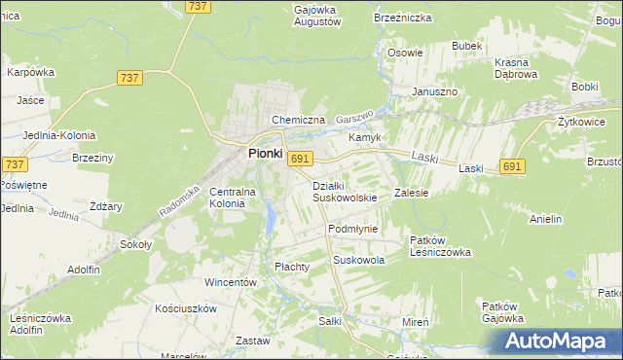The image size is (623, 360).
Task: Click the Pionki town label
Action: point(265,153)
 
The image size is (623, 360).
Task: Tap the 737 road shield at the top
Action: point(199,7)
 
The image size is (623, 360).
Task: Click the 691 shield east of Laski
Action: point(514,167)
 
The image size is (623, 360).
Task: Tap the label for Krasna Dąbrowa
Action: point(516,68)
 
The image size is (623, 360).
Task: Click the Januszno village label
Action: point(434,91)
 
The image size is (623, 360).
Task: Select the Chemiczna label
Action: point(298,120)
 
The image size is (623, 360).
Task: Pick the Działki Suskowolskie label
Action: point(345,192)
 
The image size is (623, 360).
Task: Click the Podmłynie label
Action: point(352,229)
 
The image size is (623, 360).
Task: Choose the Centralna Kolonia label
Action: point(233,198)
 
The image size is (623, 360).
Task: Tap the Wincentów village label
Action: point(230,282)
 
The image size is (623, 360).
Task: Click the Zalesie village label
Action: point(411,193)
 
